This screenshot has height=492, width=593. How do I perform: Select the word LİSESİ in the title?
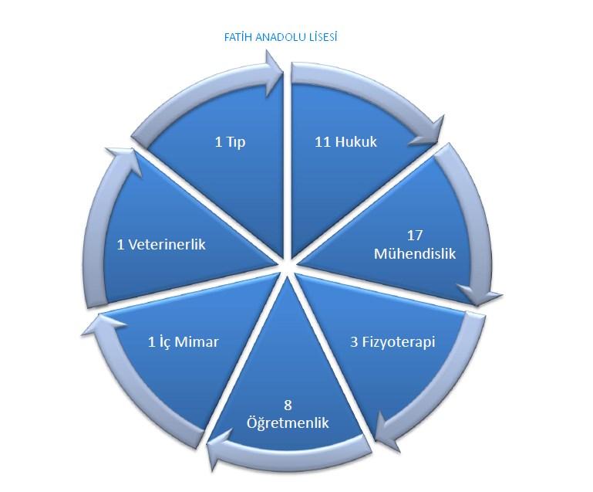tap(321, 38)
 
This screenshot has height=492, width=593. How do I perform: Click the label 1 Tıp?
tap(230, 143)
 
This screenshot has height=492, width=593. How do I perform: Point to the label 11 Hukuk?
tap(346, 142)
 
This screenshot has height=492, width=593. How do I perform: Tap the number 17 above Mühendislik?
tap(415, 236)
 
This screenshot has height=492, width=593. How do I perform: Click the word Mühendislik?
tap(415, 253)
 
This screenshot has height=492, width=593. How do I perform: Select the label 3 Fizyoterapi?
tap(393, 342)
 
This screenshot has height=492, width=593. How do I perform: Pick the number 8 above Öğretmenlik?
tap(288, 405)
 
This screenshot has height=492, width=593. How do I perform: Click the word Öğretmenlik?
tap(288, 422)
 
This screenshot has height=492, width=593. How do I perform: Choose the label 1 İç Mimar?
tap(183, 342)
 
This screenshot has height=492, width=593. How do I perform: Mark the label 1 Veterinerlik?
tap(161, 245)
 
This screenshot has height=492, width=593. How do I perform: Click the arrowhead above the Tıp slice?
tap(274, 73)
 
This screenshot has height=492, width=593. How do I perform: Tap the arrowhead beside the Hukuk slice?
tap(429, 134)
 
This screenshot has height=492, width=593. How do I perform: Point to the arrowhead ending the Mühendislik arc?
tap(480, 294)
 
